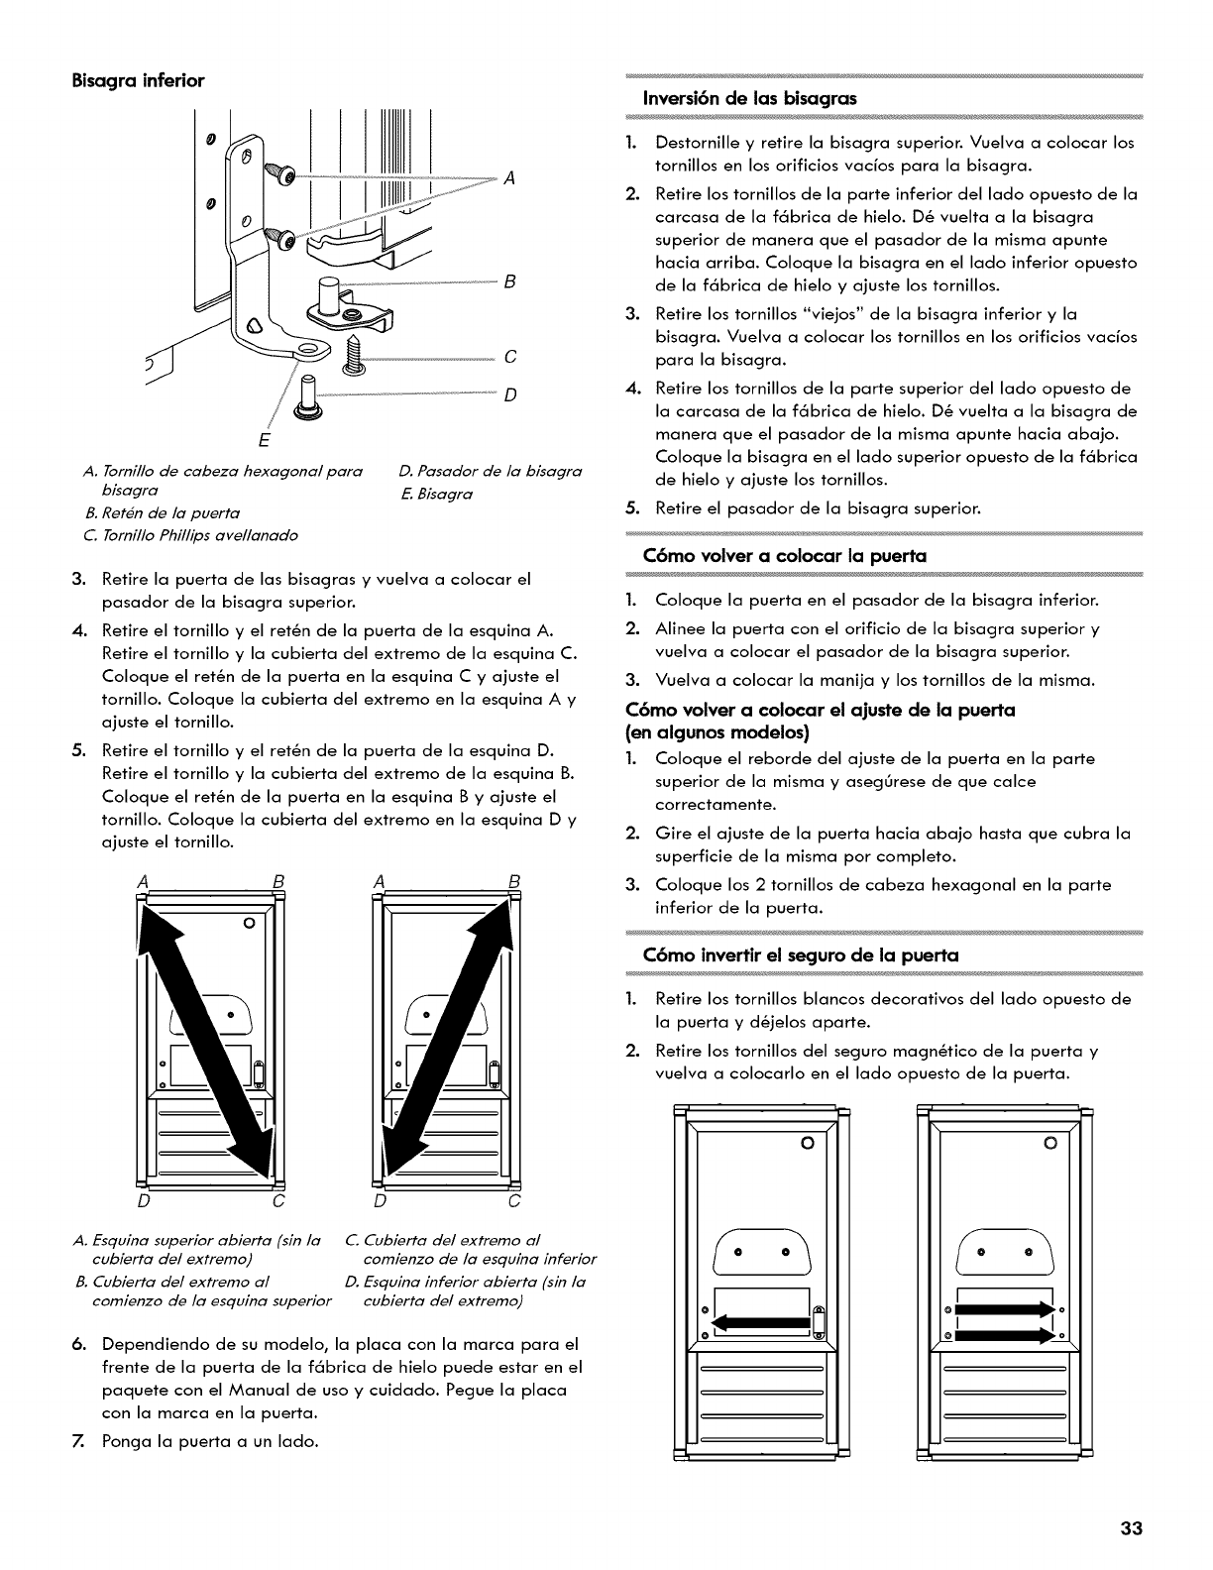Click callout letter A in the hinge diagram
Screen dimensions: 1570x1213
508,178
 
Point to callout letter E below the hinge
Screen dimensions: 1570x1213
264,437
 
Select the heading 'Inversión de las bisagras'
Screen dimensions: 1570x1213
750,98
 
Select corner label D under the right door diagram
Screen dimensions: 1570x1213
379,1203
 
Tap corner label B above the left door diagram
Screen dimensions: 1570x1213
278,881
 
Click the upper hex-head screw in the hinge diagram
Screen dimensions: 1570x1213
282,175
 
